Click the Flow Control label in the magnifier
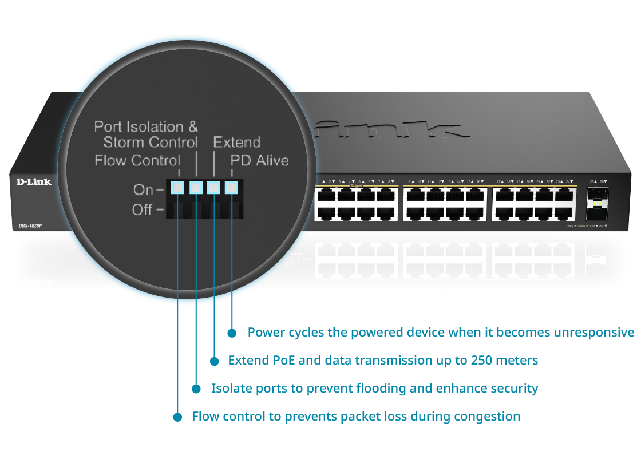[137, 160]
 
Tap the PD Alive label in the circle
[259, 160]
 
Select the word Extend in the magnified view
[237, 142]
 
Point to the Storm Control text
[151, 142]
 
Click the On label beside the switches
[143, 189]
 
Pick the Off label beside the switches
[143, 209]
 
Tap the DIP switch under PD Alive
[231, 187]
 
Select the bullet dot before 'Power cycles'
[232, 333]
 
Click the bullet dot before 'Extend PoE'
[215, 361]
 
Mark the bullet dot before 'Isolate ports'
[196, 389]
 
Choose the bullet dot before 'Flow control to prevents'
[177, 417]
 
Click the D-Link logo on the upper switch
[33, 182]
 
